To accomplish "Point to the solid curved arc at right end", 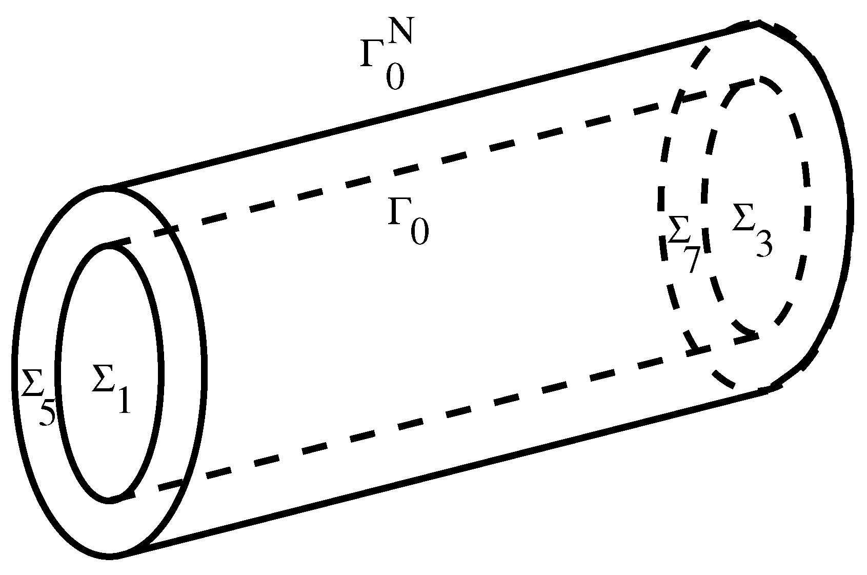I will (x=849, y=205).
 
